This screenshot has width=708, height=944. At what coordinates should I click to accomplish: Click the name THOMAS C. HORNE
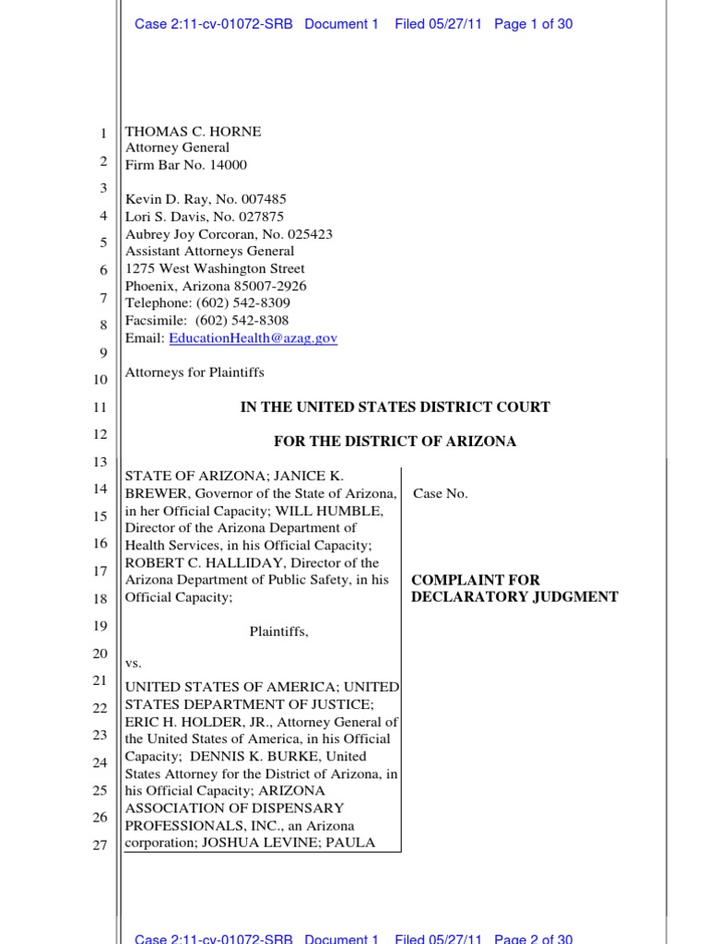pyautogui.click(x=193, y=132)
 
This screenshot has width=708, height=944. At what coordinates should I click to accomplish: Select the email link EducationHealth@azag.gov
pyautogui.click(x=253, y=338)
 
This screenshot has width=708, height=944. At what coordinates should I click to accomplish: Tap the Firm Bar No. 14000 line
pyautogui.click(x=185, y=165)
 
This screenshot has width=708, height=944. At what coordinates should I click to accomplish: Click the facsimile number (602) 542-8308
pyautogui.click(x=242, y=321)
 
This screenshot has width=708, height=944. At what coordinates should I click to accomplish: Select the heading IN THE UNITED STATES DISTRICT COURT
pyautogui.click(x=395, y=407)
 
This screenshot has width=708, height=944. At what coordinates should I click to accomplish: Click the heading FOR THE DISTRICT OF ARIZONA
pyautogui.click(x=395, y=442)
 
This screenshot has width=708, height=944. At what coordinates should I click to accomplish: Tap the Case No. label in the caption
pyautogui.click(x=440, y=493)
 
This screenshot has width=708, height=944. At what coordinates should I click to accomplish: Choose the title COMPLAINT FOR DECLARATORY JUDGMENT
pyautogui.click(x=513, y=588)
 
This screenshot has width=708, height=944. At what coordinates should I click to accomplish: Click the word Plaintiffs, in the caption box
pyautogui.click(x=278, y=631)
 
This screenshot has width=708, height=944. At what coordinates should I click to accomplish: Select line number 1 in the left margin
pyautogui.click(x=103, y=135)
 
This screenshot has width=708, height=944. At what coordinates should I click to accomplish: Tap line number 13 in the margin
pyautogui.click(x=100, y=462)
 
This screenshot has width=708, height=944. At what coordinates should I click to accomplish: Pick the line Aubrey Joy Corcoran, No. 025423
pyautogui.click(x=229, y=234)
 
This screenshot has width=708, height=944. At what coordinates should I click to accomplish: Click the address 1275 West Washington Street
pyautogui.click(x=215, y=269)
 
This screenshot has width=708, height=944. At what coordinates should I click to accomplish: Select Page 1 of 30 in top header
pyautogui.click(x=533, y=24)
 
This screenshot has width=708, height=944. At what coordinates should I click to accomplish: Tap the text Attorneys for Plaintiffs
pyautogui.click(x=195, y=372)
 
